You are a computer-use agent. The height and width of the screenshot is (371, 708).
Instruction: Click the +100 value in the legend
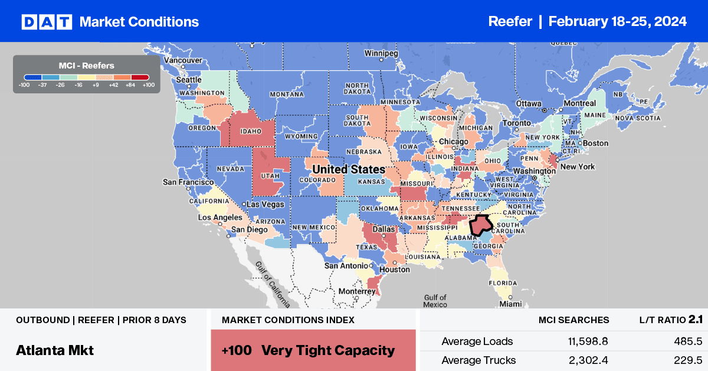click(149, 85)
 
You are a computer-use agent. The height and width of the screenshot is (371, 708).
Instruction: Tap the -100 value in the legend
click(24, 85)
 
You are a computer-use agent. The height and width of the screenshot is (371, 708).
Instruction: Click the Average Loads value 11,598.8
click(582, 341)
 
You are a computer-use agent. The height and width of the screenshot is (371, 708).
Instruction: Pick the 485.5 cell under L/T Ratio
click(687, 341)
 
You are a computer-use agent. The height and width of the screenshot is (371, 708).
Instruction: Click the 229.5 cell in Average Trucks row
click(687, 360)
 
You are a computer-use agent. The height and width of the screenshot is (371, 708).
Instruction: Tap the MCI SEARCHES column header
click(573, 320)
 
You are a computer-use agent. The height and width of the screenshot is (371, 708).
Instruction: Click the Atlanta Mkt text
click(55, 350)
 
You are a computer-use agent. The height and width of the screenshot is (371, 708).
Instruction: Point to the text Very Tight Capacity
click(328, 350)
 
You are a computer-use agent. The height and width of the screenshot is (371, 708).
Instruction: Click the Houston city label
click(395, 269)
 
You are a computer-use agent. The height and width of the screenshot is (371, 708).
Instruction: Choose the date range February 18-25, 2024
click(617, 22)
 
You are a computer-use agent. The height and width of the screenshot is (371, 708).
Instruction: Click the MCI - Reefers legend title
click(86, 66)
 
